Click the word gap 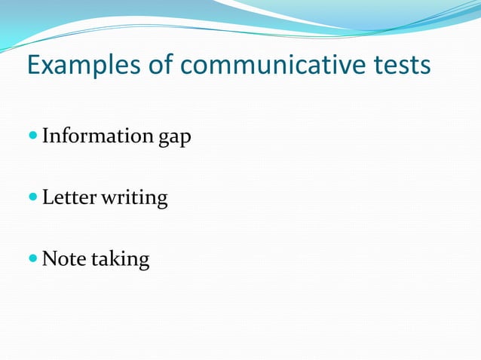click(175, 139)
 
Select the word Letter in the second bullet click(66, 198)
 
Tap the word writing click(131, 200)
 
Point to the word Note click(62, 259)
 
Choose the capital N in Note click(49, 259)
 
